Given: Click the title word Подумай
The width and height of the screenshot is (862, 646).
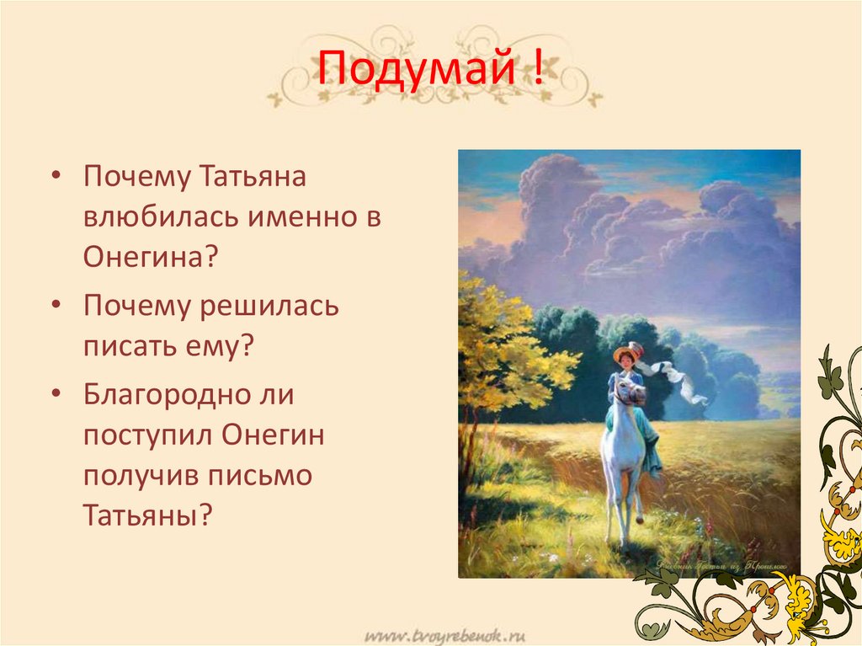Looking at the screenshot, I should point(413,72).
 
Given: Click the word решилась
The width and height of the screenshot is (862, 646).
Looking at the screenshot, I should point(269,307).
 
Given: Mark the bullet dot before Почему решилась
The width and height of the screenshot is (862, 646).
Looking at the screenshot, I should point(56,307).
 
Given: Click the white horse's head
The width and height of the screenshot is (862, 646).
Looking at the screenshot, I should point(622,392).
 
